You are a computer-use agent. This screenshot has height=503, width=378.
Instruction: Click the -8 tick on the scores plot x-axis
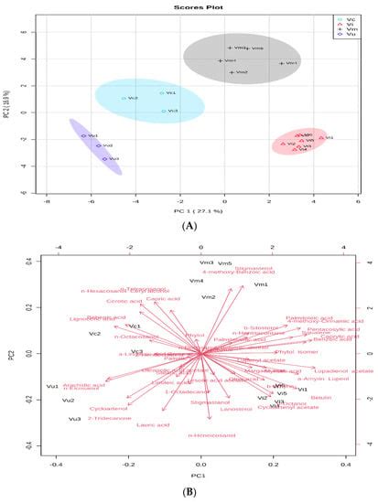pos(48,199)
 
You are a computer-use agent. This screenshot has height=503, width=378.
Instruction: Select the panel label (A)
pos(189,224)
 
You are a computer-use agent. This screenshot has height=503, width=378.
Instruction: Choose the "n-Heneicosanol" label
pos(209,436)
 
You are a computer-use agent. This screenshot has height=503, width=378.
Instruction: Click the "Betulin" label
pos(320,398)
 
